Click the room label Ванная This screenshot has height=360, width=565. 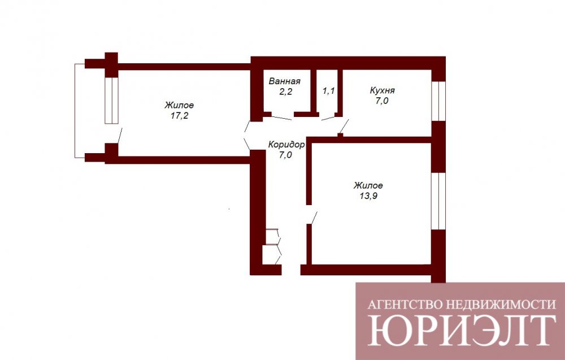coord(284,81)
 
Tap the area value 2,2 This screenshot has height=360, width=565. coord(285,92)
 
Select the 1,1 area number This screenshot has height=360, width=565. coord(328,90)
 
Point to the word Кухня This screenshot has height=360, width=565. coord(383,90)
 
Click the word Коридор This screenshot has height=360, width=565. coord(286,145)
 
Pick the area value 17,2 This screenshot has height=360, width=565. coord(179,116)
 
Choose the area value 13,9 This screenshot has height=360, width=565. coord(368,197)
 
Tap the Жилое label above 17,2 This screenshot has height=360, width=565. coord(179,105)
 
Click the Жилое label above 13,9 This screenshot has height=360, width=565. coord(368,185)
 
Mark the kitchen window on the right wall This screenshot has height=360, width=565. coord(438,101)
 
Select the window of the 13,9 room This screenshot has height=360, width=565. coord(438,201)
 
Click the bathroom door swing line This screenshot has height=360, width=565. coord(281,118)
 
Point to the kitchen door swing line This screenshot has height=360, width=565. coord(344,127)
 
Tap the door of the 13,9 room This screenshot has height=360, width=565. coord(314,218)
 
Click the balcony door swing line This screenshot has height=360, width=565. coord(120,136)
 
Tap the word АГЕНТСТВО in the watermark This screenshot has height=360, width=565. coord(405,305)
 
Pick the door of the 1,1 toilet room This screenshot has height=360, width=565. coord(328,118)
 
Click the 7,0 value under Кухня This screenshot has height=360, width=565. coord(382,101)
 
